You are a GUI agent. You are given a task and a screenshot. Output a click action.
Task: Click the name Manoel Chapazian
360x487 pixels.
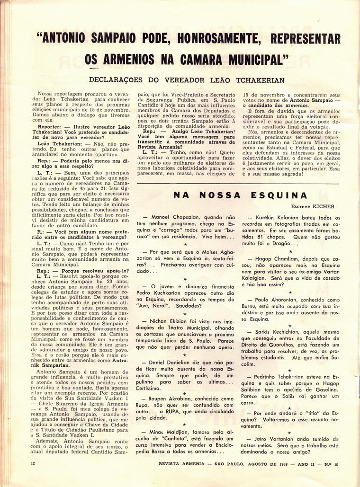(x=170, y=216)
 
